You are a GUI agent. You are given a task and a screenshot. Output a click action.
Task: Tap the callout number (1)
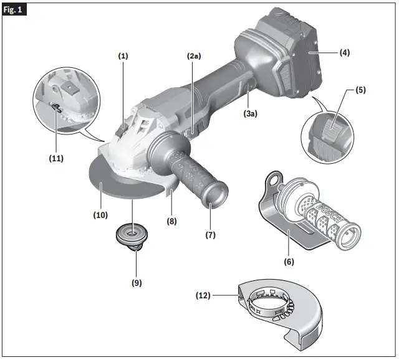(x=123, y=56)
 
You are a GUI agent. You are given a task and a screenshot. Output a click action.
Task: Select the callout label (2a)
(x=194, y=56)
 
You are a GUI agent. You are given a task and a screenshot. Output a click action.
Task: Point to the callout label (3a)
(x=250, y=114)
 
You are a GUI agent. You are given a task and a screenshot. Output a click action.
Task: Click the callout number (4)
(x=344, y=53)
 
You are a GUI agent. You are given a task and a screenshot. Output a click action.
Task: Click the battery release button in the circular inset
(x=333, y=131)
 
